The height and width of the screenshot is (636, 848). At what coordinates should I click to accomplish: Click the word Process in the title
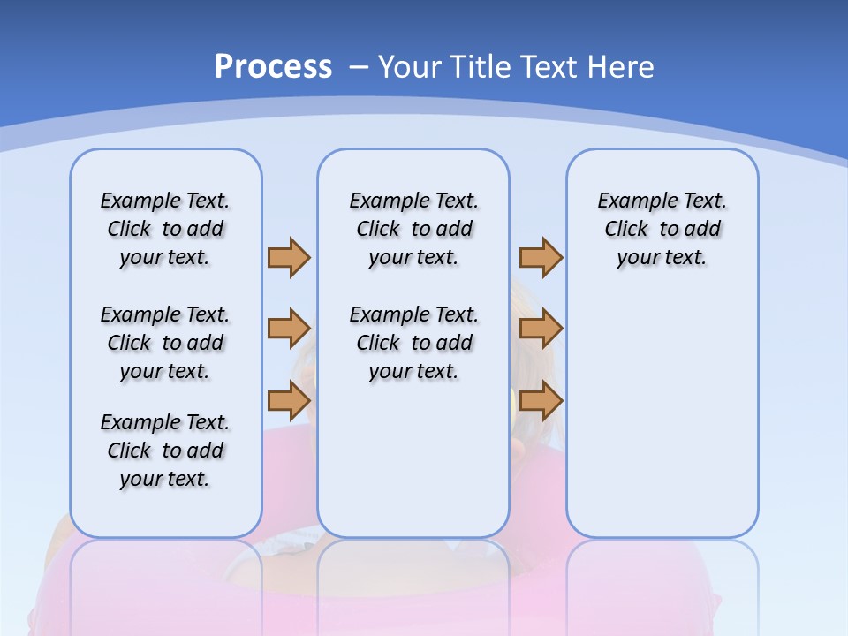[273, 67]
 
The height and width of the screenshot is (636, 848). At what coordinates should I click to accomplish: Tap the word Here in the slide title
[620, 67]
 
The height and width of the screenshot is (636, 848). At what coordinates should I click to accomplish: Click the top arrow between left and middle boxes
[289, 257]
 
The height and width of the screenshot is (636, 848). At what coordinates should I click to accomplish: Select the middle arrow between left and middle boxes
[289, 329]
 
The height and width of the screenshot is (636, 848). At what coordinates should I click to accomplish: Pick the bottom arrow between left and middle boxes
[289, 401]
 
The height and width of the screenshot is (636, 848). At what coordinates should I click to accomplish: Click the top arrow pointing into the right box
[541, 257]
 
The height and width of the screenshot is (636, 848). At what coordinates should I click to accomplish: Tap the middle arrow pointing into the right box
[541, 329]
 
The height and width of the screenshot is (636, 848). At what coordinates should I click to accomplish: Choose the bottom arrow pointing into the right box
[541, 401]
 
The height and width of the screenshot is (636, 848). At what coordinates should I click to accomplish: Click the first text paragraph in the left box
[165, 229]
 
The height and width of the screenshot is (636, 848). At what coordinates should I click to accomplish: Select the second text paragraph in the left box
[165, 343]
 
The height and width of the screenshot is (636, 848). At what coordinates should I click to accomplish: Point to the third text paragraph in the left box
[165, 450]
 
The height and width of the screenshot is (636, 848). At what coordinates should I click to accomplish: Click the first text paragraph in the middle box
[413, 229]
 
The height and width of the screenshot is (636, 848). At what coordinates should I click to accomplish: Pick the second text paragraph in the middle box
[413, 343]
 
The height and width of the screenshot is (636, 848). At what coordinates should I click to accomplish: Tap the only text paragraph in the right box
[662, 229]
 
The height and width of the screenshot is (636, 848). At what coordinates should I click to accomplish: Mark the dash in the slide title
[359, 67]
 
